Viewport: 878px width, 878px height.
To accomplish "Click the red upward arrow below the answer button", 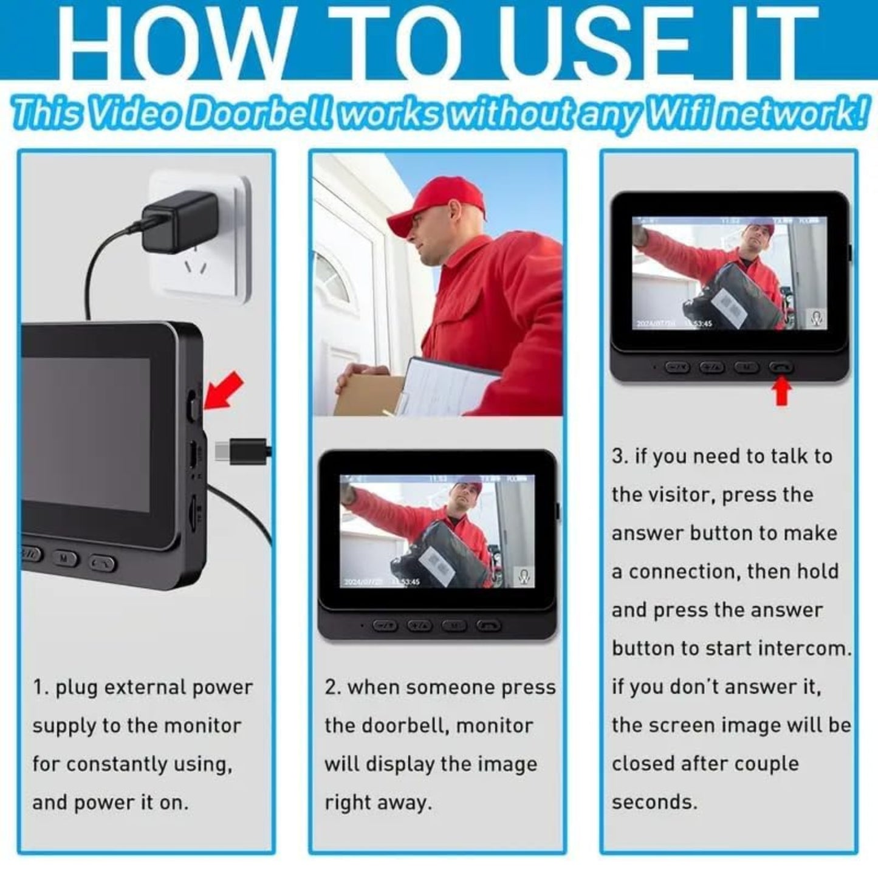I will coord(782,392).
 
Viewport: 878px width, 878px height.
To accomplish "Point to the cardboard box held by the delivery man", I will coord(365,392).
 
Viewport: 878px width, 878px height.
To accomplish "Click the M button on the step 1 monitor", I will coord(64,558).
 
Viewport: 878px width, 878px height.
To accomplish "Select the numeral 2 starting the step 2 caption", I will coord(331,688).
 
